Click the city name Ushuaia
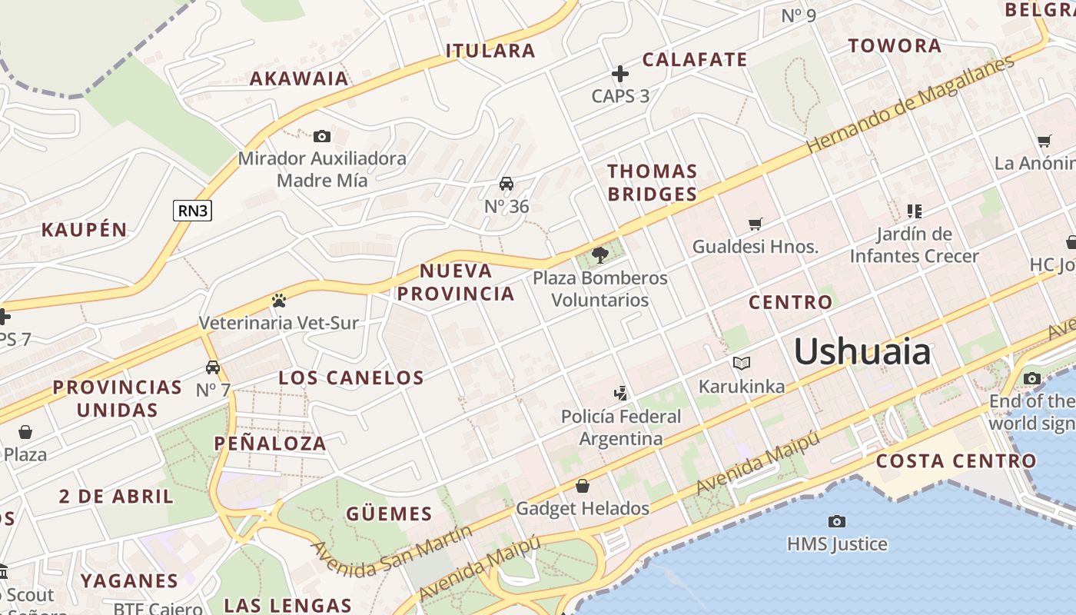862,352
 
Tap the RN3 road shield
192,211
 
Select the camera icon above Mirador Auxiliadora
322,137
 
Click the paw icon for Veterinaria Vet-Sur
278,301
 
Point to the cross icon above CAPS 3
620,74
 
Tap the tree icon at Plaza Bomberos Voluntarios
600,255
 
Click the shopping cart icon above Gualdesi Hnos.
756,224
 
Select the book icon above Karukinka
742,363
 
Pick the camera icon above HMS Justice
837,522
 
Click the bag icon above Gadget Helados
583,486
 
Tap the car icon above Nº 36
506,184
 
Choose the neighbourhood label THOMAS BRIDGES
653,182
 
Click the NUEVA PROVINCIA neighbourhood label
456,282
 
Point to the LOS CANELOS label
351,377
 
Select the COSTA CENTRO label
956,461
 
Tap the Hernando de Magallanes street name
910,105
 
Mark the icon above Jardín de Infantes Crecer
914,211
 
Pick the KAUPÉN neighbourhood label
85,230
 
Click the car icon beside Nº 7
213,367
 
